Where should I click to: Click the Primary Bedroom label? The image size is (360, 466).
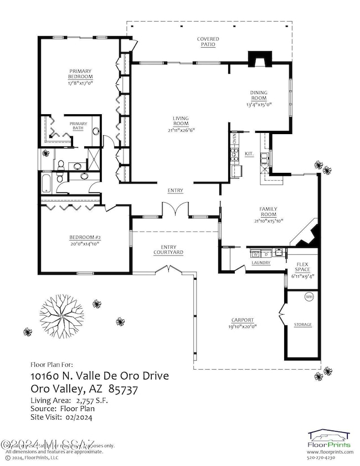pos(80,74)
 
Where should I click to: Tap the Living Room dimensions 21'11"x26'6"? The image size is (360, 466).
pos(181,130)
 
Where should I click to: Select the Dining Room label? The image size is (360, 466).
pos(259,96)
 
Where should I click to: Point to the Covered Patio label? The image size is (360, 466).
pos(208,42)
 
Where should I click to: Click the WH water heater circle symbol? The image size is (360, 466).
pos(309,296)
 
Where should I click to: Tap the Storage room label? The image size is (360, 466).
pos(302,324)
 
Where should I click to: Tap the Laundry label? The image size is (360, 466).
pos(261,263)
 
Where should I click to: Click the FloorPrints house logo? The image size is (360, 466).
pos(330,436)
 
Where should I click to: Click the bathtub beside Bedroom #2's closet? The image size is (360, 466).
pos(45,182)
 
